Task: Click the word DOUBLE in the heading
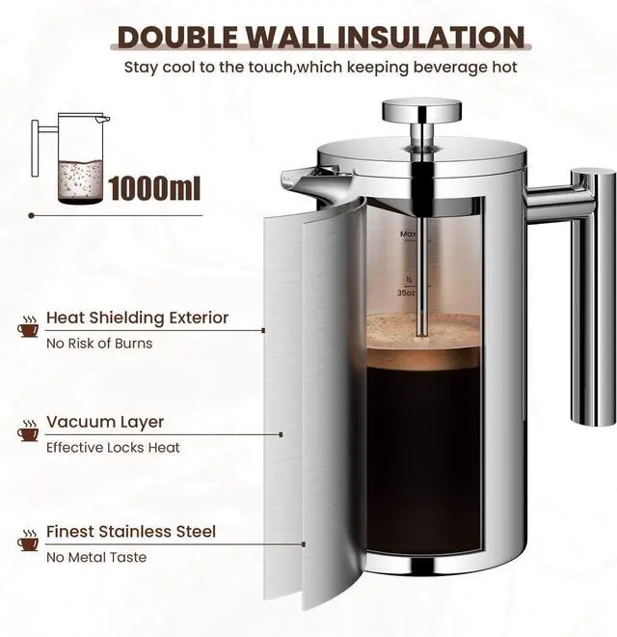point(176,38)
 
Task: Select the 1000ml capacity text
point(154,186)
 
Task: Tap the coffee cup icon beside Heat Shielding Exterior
point(28,329)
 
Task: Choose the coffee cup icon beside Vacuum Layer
point(28,433)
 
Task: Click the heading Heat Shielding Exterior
point(138,318)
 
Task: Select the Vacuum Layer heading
point(105,422)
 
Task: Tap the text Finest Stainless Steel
point(131,532)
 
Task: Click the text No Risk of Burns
point(99,343)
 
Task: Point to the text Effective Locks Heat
point(113,448)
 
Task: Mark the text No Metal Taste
point(96,557)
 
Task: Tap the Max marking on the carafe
point(408,235)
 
